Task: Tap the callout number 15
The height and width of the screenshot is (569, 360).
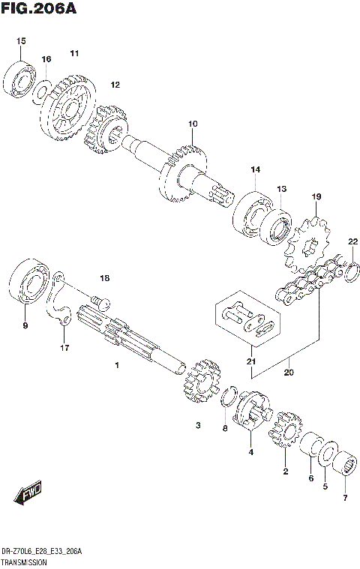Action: [x=21, y=40]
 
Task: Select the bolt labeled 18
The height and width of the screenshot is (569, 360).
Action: [x=97, y=301]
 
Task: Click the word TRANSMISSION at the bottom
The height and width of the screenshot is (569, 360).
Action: [x=25, y=562]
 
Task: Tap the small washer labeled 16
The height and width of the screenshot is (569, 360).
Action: [x=43, y=90]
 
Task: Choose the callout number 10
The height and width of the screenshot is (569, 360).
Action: [x=193, y=123]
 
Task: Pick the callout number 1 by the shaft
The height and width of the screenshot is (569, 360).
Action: [x=117, y=365]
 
